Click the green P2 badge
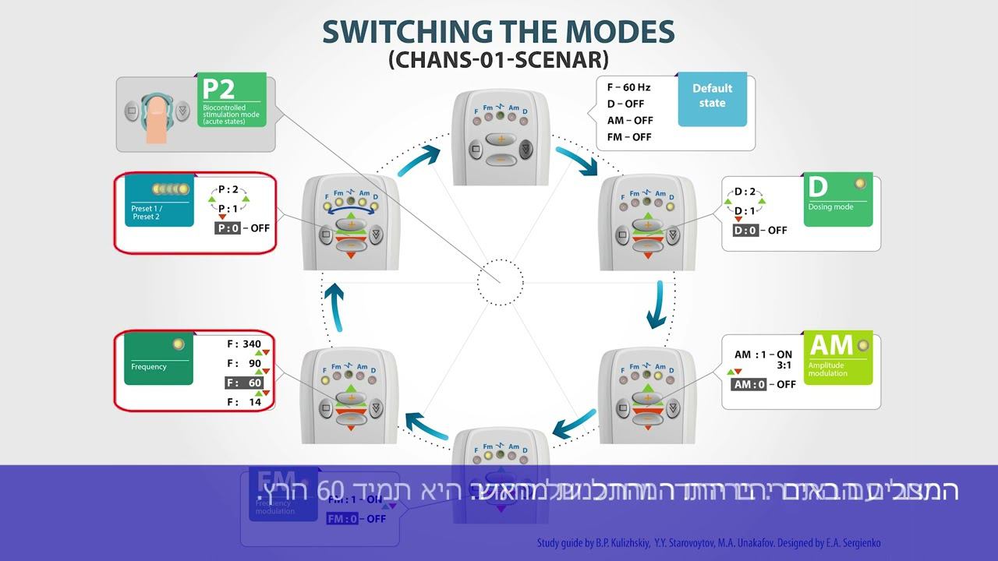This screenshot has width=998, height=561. pos(232,100)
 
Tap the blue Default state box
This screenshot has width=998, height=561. pos(712,99)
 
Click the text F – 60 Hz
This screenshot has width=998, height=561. pos(628,87)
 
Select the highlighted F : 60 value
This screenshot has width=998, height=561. pos(244,383)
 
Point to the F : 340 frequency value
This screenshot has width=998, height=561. pos(244,344)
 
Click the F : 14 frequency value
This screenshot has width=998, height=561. pos(244,402)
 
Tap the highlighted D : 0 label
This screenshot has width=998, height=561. pos(746,230)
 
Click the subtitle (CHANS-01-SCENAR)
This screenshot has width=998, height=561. pos(498,60)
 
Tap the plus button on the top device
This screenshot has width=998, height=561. pos(500,139)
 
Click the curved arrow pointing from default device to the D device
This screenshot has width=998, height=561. pos(576,158)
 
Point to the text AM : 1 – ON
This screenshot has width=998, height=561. pos(763,355)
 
